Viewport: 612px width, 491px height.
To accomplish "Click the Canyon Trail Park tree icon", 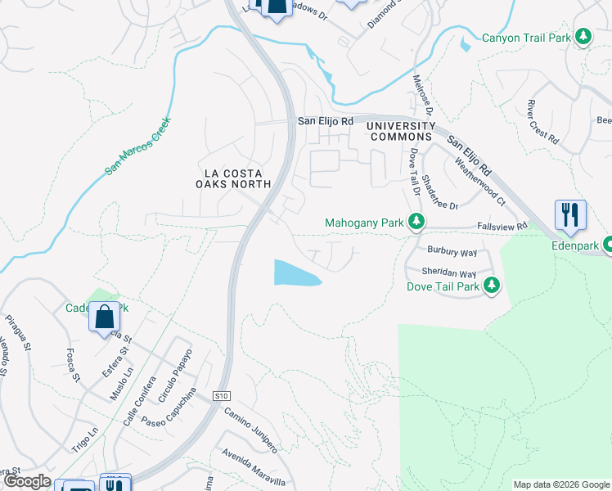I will click(x=583, y=37).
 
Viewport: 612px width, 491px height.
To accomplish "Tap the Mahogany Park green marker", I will click(x=416, y=222).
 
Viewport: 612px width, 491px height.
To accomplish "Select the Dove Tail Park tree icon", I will click(x=492, y=286).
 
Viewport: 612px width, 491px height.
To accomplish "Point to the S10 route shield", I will click(x=221, y=396).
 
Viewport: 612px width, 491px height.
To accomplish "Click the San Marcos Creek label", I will click(x=137, y=147).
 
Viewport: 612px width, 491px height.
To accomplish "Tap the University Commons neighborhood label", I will click(x=401, y=131).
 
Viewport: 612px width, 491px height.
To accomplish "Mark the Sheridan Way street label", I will click(x=448, y=273).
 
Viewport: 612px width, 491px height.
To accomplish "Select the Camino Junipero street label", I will click(x=251, y=430).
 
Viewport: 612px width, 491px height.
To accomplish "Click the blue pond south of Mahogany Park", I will click(x=296, y=273).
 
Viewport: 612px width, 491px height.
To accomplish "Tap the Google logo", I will click(x=26, y=481).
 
